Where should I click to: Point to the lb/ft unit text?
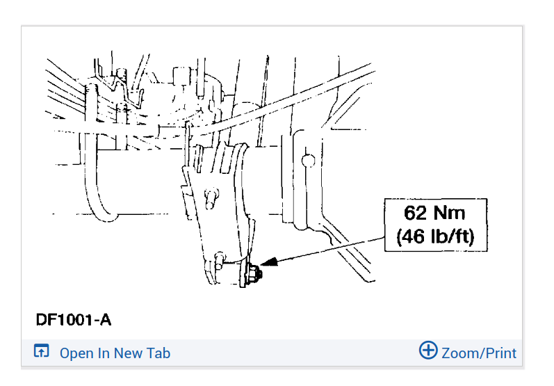[x=450, y=236]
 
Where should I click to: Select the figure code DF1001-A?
[x=74, y=320]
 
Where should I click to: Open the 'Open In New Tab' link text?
[x=115, y=353]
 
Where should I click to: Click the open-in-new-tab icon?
[x=41, y=351]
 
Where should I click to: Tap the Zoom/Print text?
[x=479, y=353]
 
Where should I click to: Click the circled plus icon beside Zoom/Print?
[x=428, y=351]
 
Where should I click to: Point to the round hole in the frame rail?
[x=308, y=161]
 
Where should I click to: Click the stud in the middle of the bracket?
[x=211, y=198]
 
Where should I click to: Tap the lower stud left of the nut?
[x=220, y=260]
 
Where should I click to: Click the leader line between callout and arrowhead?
[x=331, y=250]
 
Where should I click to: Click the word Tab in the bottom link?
[x=158, y=353]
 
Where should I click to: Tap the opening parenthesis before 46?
[x=399, y=236]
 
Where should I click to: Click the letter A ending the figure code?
[x=105, y=320]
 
